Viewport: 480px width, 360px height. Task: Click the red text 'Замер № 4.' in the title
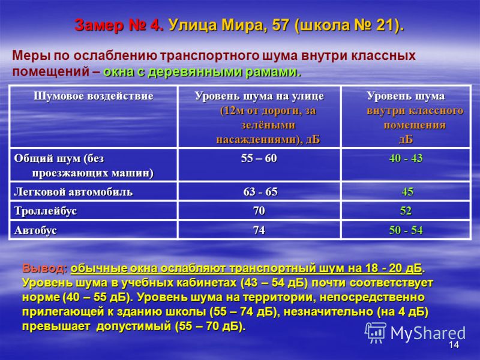[x=119, y=25]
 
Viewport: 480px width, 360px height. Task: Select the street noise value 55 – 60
[x=259, y=158]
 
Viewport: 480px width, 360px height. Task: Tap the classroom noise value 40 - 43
[x=406, y=158]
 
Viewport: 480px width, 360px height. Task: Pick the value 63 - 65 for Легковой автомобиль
[x=260, y=192]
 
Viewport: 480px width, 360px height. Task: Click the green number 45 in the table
[x=407, y=192]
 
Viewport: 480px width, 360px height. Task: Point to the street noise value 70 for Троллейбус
[x=259, y=211]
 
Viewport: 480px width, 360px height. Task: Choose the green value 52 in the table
[x=406, y=211]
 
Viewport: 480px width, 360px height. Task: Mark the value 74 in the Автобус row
[x=259, y=230]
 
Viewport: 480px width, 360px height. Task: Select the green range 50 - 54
[x=406, y=230]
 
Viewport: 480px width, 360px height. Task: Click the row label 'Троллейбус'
[x=46, y=211]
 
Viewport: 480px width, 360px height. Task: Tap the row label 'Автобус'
[x=35, y=230]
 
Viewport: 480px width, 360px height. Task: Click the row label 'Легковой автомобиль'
[x=73, y=192]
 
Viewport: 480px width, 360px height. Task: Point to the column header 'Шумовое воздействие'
[x=94, y=96]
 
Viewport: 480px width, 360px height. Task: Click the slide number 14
[x=454, y=344]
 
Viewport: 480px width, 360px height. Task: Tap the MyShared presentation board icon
[x=376, y=332]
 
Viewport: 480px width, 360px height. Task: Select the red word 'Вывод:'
[x=44, y=268]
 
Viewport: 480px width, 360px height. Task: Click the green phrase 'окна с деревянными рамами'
[x=200, y=72]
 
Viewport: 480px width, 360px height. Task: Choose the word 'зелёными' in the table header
[x=268, y=125]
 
